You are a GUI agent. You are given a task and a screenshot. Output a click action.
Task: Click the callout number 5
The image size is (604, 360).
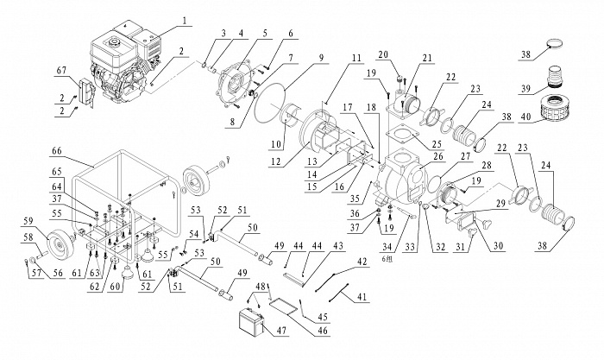tap(264, 32)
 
